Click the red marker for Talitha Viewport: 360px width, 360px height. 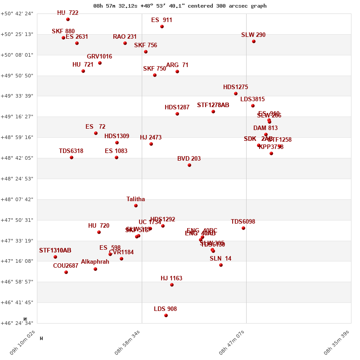(136, 206)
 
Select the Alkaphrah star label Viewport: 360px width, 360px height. (95, 262)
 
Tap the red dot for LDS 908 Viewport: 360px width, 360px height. (166, 315)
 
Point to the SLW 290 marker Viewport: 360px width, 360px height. (254, 41)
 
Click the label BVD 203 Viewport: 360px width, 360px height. (189, 159)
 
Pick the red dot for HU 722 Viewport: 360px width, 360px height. (68, 19)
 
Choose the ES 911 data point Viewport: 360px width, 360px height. (162, 27)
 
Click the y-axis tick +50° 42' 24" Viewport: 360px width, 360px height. (17, 13)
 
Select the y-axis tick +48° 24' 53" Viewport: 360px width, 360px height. (17, 179)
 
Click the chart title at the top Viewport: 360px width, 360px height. (180, 6)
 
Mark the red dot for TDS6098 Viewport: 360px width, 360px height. (243, 228)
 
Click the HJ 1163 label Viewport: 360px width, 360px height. (171, 279)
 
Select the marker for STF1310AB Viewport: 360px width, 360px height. (55, 257)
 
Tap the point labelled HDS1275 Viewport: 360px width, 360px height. (236, 94)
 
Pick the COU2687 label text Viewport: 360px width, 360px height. (66, 266)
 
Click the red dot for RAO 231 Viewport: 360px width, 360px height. (125, 43)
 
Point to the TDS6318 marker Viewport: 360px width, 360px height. (72, 157)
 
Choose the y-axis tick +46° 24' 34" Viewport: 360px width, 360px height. (17, 323)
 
